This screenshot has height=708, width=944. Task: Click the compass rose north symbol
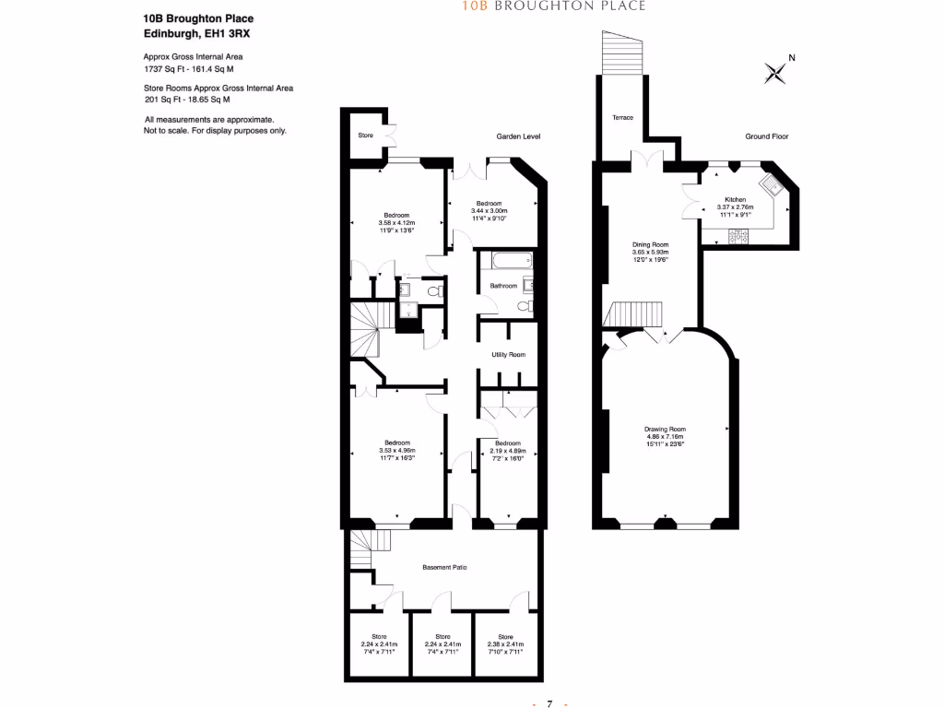coord(776,72)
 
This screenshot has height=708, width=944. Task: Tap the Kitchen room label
coord(735,199)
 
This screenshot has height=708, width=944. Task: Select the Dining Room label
coord(650,244)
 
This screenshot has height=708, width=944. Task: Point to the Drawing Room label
coord(665,430)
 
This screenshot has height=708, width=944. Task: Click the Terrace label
coord(621,118)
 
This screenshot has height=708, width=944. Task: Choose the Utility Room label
coord(508,355)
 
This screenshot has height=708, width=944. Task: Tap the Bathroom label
coord(503,286)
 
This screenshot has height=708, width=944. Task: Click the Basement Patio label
coord(444,567)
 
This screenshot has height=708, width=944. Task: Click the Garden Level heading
coord(518,136)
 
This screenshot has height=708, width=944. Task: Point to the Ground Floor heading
coord(767,136)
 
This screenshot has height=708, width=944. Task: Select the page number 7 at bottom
coord(549,704)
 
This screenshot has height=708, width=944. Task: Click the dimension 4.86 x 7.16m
coord(665,437)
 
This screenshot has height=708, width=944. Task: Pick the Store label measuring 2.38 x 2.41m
coord(505,636)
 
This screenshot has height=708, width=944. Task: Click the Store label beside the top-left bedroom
coord(365,136)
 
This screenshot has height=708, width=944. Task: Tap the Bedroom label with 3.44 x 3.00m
coord(489,203)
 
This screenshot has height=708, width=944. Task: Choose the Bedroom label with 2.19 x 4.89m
coord(507,442)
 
